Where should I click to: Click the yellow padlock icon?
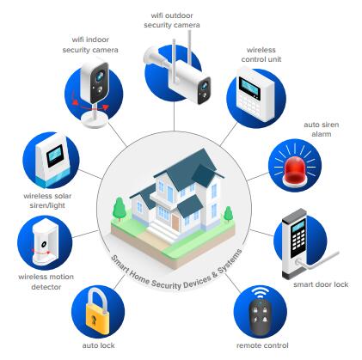pos(97,311)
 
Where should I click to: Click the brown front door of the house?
pos(175,223)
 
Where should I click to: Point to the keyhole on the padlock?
pos(94,320)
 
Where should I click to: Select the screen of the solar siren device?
pos(55,155)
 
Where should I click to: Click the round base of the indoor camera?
pos(95,120)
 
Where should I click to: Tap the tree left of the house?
pos(119,209)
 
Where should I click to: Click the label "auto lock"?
pos(98,345)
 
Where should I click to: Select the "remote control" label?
pos(262,345)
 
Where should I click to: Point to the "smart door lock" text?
pos(321,284)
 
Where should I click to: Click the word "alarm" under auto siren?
pos(322,134)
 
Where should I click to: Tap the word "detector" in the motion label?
pos(46,287)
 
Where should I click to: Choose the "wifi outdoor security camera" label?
pos(172,20)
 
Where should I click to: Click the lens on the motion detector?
pos(44,244)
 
